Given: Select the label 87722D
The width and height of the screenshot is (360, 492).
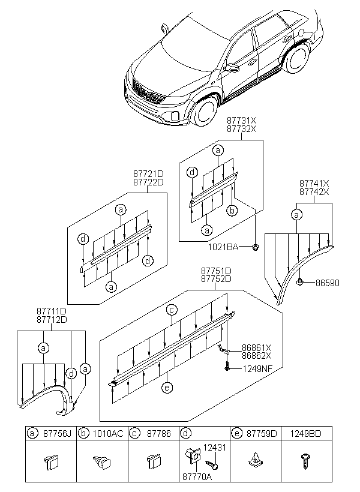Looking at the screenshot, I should (148, 182).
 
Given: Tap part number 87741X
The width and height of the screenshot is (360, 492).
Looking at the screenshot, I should (314, 183).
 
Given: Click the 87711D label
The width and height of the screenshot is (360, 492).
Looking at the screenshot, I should (50, 311).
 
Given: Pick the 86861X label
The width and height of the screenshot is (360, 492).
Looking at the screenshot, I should (257, 347).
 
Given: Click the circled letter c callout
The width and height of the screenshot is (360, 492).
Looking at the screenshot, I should (171, 310).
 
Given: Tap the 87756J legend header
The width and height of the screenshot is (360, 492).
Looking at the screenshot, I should (55, 433).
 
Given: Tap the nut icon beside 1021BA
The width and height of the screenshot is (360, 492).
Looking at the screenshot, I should (256, 247).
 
